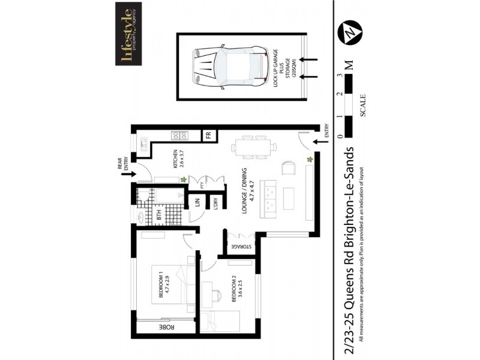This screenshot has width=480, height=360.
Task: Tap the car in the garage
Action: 230,66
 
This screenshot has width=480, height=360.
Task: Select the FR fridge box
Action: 209,135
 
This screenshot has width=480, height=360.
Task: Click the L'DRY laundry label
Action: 215,203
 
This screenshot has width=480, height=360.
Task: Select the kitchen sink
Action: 145,143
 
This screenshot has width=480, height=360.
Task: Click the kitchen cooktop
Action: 179,136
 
